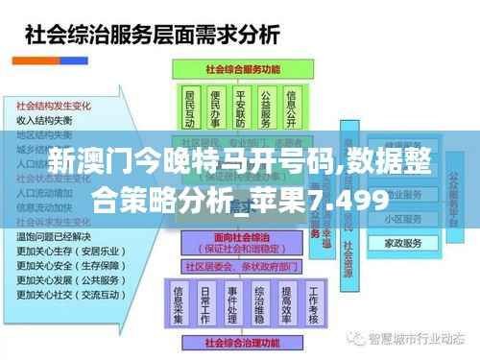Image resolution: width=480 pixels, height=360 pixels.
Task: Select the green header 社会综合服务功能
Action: click(242, 69)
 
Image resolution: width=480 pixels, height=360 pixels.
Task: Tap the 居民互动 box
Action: click(189, 108)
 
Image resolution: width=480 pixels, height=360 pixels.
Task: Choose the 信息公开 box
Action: click(293, 108)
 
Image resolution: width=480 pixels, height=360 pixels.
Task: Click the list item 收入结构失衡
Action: click(44, 121)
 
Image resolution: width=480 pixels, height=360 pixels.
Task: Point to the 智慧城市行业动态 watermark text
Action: click(420, 338)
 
